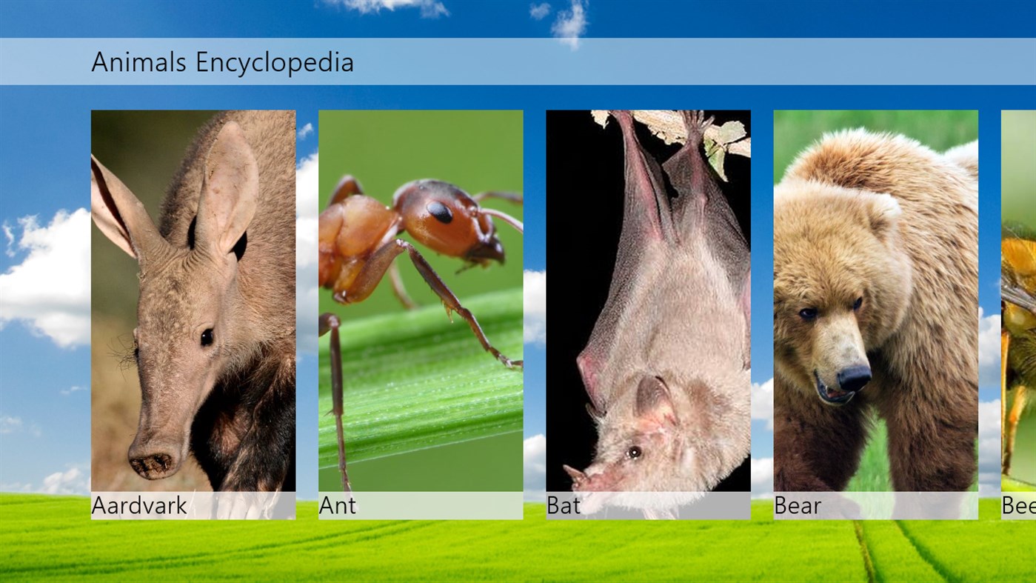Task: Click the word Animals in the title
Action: click(x=138, y=62)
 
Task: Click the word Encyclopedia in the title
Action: click(x=275, y=63)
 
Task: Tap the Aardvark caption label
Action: click(x=139, y=506)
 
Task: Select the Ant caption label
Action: click(x=338, y=506)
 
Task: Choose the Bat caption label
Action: click(x=564, y=506)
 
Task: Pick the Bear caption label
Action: click(x=798, y=506)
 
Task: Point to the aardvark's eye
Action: click(x=207, y=337)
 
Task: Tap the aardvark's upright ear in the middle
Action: click(x=226, y=189)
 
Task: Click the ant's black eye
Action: click(x=440, y=213)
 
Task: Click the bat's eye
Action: click(x=634, y=452)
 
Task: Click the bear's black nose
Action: click(x=855, y=378)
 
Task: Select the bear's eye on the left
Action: click(x=808, y=313)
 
